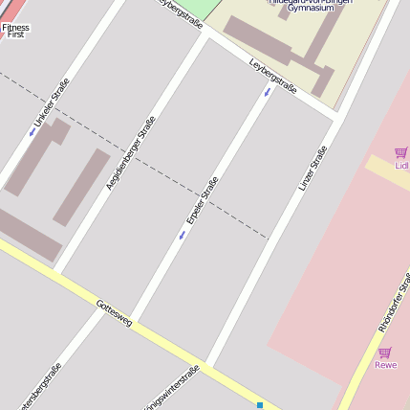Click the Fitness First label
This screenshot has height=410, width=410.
15,31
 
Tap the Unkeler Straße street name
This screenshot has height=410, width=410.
52,103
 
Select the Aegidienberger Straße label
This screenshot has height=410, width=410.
130,151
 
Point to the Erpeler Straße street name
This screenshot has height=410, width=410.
202,200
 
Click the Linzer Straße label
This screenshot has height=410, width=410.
313,167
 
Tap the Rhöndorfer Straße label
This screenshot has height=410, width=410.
393,301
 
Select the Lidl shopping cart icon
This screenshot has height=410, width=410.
400,152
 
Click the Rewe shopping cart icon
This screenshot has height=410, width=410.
384,353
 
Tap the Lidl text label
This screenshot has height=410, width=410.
401,166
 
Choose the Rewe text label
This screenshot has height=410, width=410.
385,365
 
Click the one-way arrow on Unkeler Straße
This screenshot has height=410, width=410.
32,132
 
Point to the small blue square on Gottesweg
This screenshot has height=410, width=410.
259,405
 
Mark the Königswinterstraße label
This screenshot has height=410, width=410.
172,387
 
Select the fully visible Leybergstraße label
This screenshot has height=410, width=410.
273,76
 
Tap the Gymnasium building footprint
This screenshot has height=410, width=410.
287,48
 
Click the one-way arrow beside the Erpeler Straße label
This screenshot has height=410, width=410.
182,235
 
